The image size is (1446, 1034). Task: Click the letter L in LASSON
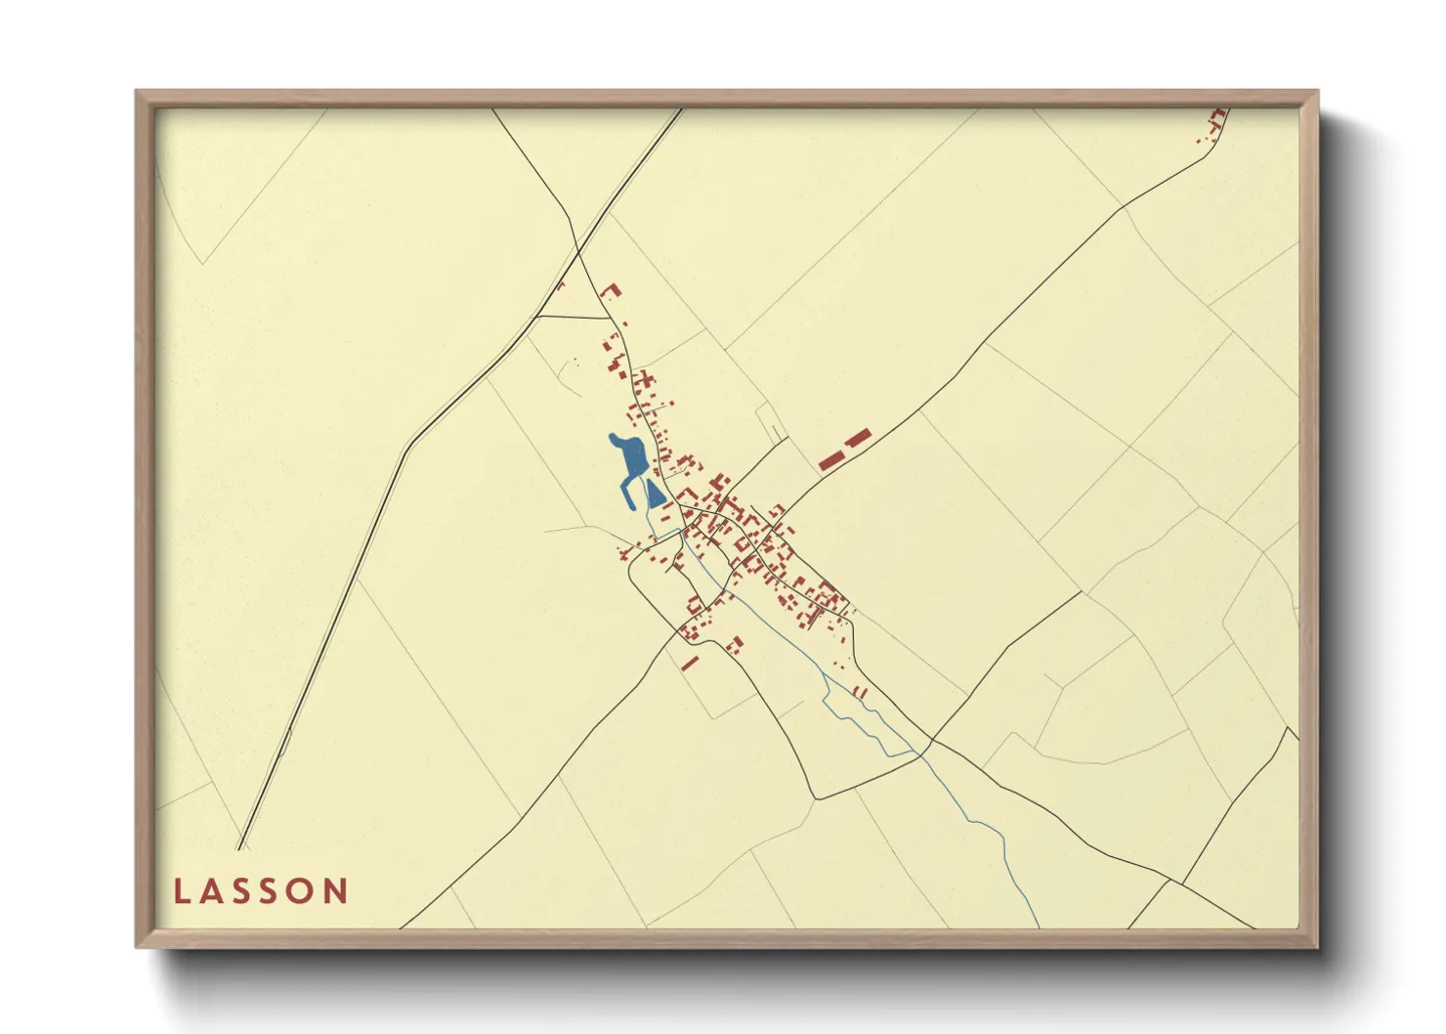(x=183, y=891)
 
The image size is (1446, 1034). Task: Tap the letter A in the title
(x=212, y=891)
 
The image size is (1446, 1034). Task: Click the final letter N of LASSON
(x=336, y=891)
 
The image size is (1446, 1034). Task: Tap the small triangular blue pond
(x=654, y=495)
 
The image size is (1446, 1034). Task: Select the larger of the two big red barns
(x=830, y=459)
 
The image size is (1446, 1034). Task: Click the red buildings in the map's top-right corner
(x=1214, y=125)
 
